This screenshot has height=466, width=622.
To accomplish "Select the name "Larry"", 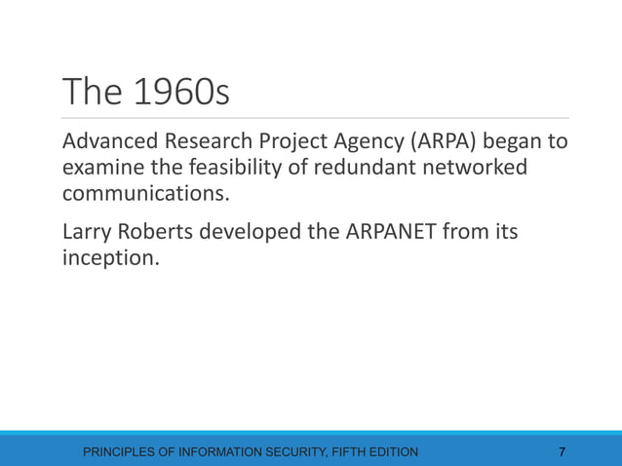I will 89,233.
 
